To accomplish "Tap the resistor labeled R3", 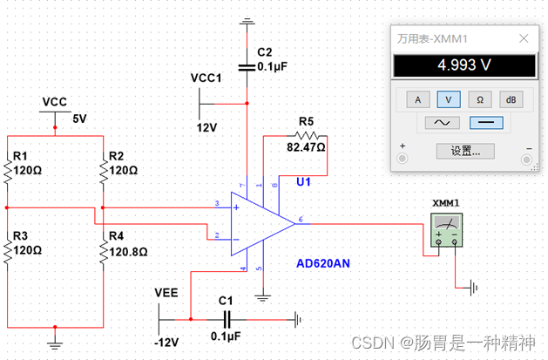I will pyautogui.click(x=6, y=252).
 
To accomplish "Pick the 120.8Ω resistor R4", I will pyautogui.click(x=103, y=252).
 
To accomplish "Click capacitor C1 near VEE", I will pyautogui.click(x=229, y=319).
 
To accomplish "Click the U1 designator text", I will pyautogui.click(x=303, y=182).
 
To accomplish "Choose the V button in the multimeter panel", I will pyautogui.click(x=449, y=98).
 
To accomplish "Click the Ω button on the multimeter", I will pyautogui.click(x=480, y=98).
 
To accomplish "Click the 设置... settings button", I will pyautogui.click(x=464, y=150).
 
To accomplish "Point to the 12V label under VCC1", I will pyautogui.click(x=205, y=126).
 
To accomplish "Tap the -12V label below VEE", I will pyautogui.click(x=166, y=340).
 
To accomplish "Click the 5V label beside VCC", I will pyautogui.click(x=80, y=118).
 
